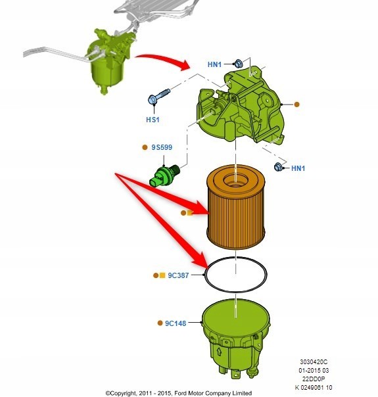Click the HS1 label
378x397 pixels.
click(153, 120)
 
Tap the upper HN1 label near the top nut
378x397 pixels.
click(214, 64)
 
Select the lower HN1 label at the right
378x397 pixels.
click(298, 168)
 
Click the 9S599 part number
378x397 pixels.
click(162, 147)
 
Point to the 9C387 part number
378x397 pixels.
click(178, 275)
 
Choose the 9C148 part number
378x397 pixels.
click(176, 323)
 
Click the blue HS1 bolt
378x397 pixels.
click(158, 97)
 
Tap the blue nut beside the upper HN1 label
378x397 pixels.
click(238, 64)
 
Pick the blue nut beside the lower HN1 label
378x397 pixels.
click(278, 167)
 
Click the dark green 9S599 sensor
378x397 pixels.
click(164, 175)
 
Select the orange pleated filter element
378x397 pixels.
click(236, 206)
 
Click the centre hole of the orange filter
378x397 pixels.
click(235, 180)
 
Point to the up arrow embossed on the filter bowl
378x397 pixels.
click(220, 352)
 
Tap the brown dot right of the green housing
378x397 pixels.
click(296, 105)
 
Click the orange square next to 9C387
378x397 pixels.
click(162, 275)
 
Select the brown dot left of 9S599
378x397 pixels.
click(145, 147)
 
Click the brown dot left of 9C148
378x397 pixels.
click(160, 323)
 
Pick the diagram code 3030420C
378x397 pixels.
click(314, 362)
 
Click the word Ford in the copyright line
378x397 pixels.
click(180, 393)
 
